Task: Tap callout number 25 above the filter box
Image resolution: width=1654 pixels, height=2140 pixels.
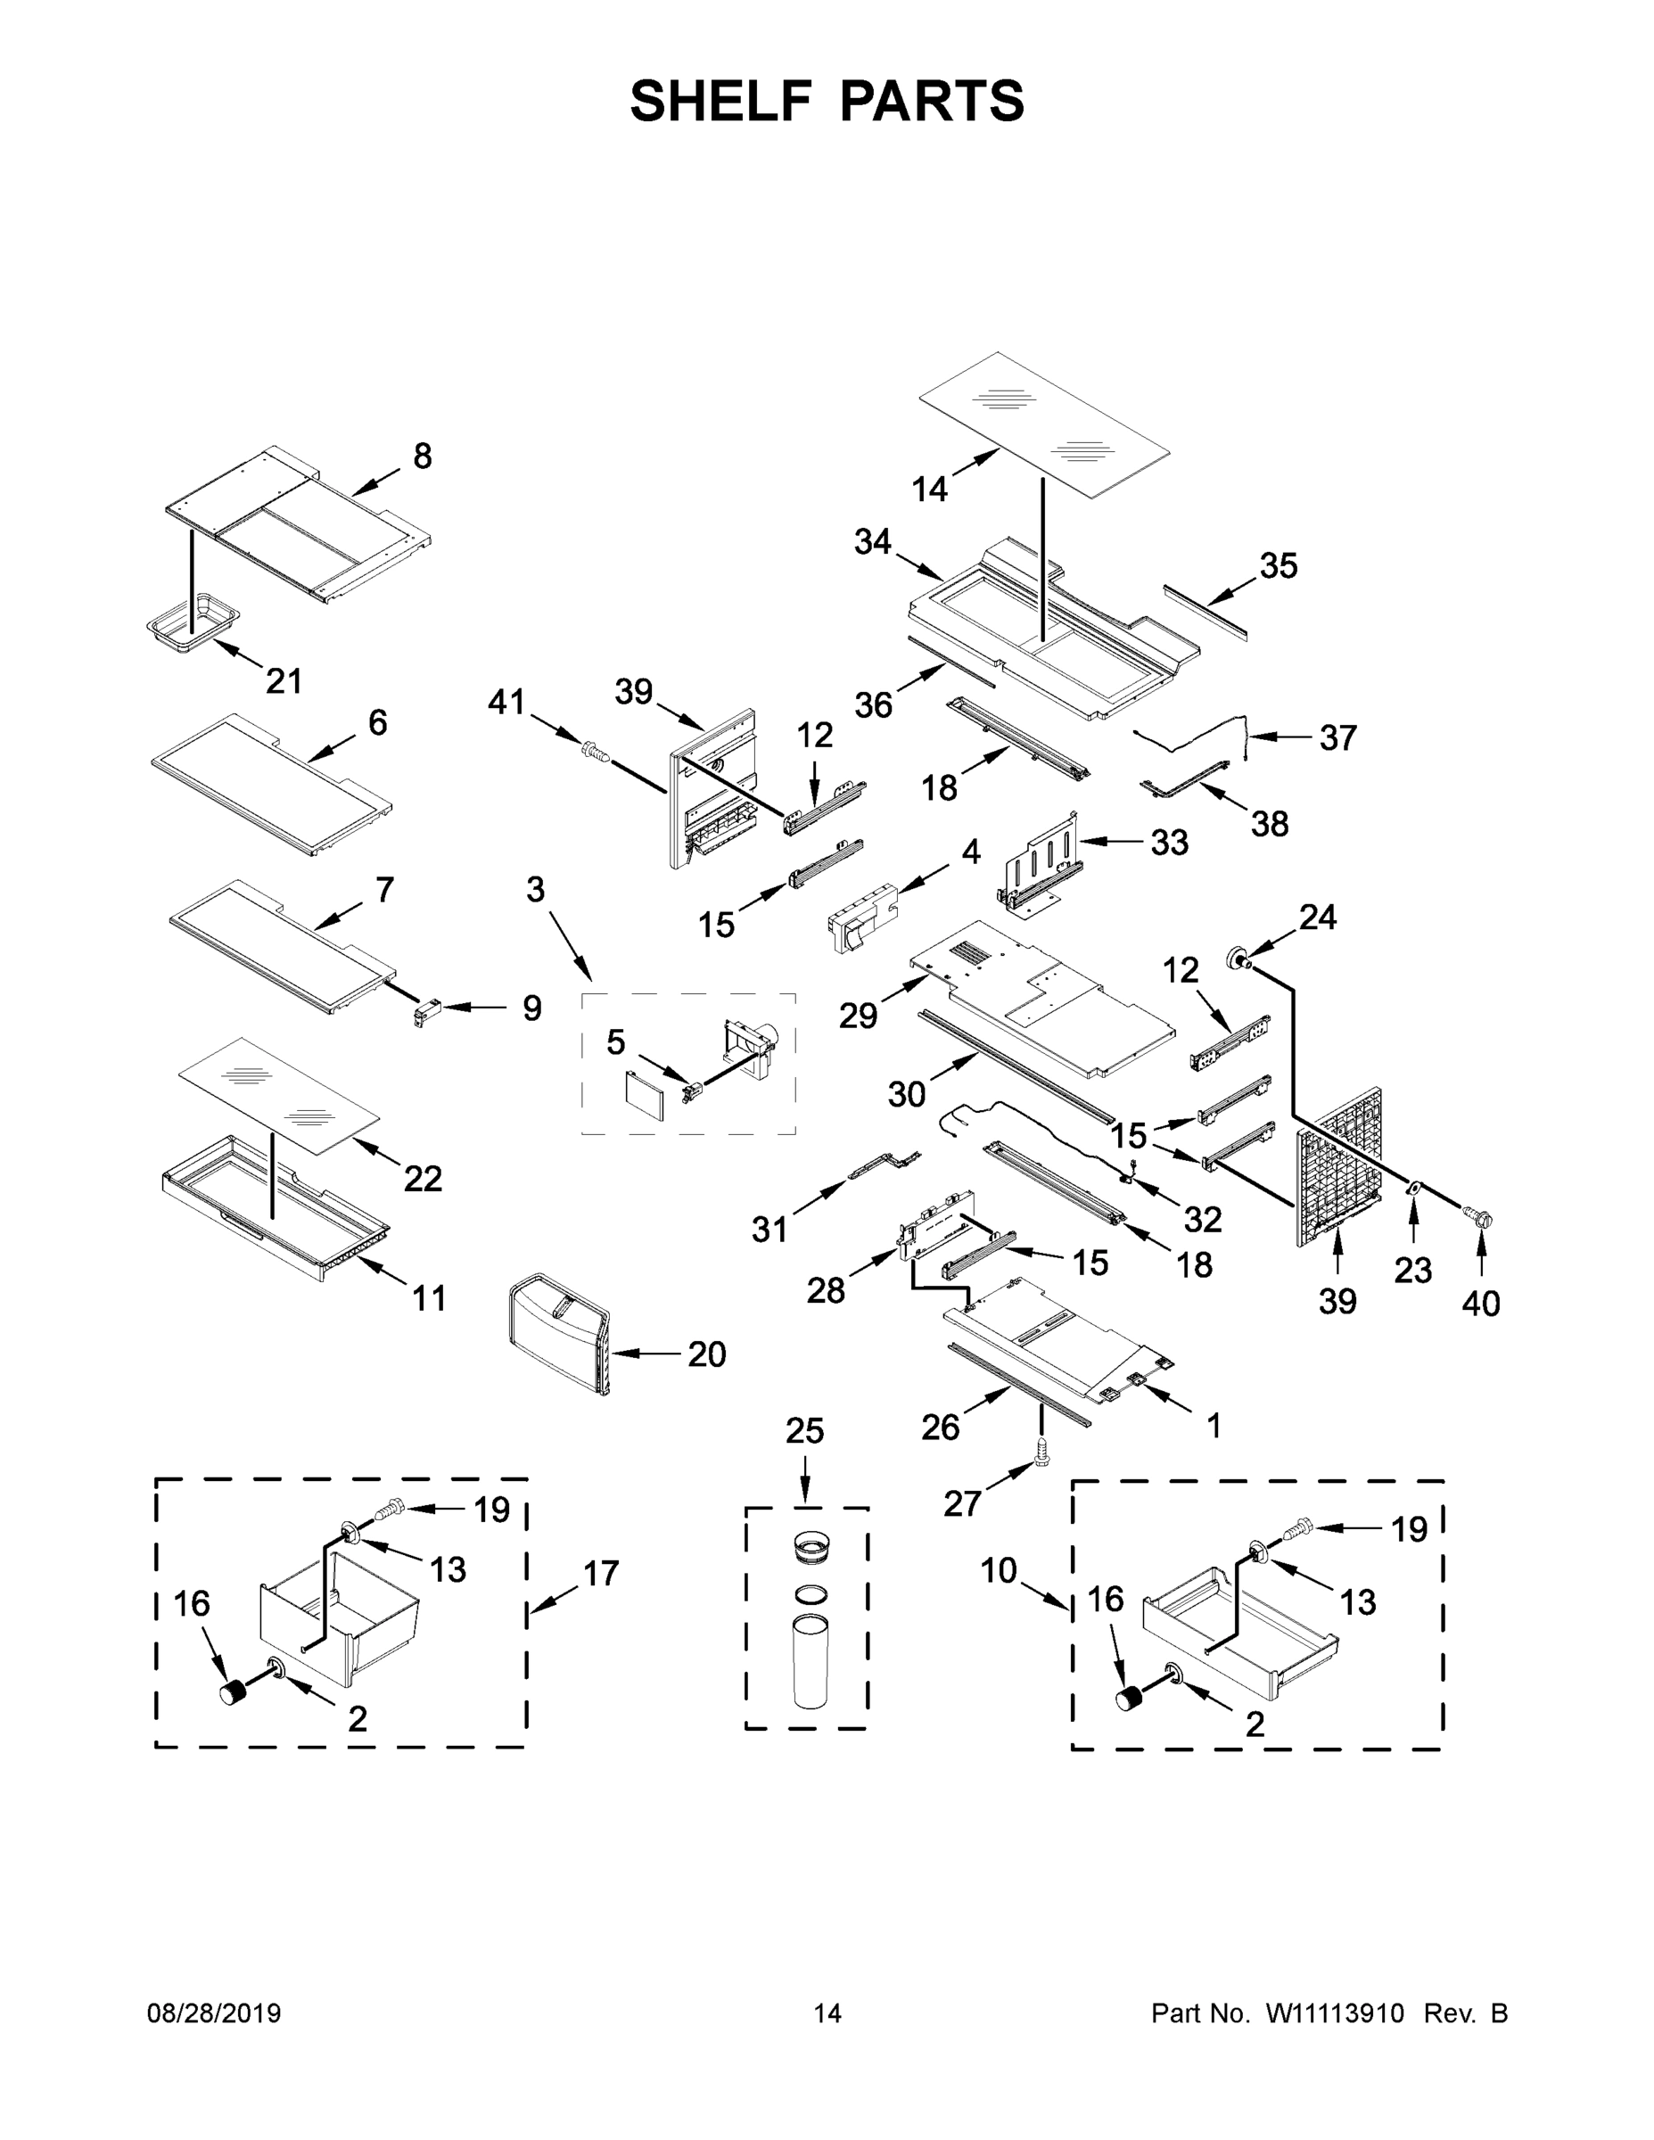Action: coord(804,1430)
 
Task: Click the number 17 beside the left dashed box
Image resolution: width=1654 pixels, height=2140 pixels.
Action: coord(602,1573)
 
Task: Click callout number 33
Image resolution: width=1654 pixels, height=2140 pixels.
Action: coord(1169,842)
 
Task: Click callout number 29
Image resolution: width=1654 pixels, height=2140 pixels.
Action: coord(858,1017)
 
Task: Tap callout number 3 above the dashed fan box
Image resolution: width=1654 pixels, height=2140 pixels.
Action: coord(535,889)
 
